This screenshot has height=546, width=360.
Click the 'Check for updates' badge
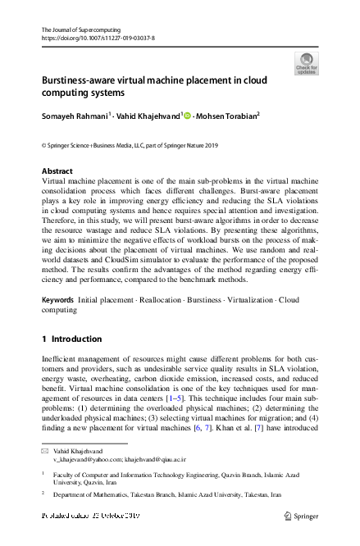click(x=307, y=63)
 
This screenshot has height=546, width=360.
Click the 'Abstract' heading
click(x=57, y=171)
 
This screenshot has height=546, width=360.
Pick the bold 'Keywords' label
click(x=57, y=300)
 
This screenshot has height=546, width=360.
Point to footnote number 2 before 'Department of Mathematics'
click(x=42, y=494)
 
